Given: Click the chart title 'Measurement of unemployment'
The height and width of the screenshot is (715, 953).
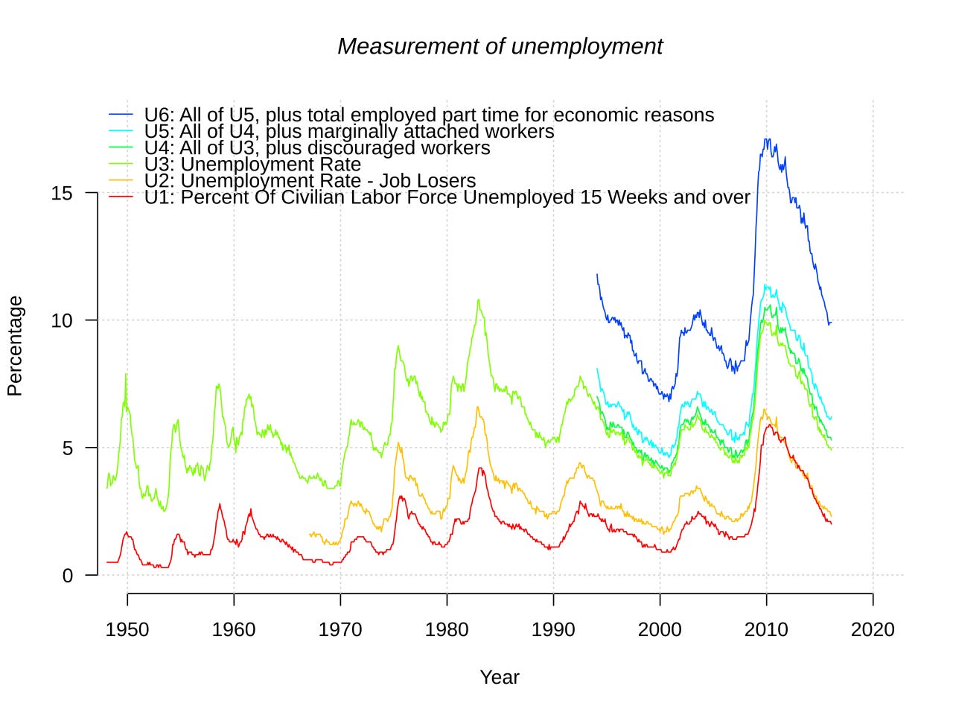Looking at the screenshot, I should pyautogui.click(x=500, y=46).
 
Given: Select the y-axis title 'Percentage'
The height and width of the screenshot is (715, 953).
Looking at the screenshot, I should pyautogui.click(x=15, y=346).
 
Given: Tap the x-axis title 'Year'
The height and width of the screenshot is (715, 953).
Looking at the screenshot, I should pyautogui.click(x=500, y=677).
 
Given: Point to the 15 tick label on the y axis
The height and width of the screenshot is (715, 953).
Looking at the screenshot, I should pyautogui.click(x=62, y=194).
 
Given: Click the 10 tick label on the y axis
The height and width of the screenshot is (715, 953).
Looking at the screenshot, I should pyautogui.click(x=62, y=320).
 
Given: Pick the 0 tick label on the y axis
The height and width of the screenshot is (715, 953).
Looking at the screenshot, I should pyautogui.click(x=68, y=575).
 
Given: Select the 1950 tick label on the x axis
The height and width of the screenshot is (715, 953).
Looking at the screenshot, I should pyautogui.click(x=127, y=630).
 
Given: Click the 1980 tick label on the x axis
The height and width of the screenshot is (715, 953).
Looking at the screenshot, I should pyautogui.click(x=447, y=630).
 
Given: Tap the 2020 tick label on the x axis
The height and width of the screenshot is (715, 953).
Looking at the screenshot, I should pyautogui.click(x=873, y=630).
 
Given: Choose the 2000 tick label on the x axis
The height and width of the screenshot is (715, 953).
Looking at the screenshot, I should pyautogui.click(x=660, y=630).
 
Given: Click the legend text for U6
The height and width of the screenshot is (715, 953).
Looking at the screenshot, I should pyautogui.click(x=429, y=115).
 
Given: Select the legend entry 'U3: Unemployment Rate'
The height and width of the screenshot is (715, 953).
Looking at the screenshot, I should pyautogui.click(x=252, y=165).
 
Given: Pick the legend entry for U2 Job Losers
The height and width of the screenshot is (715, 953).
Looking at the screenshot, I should pyautogui.click(x=310, y=181).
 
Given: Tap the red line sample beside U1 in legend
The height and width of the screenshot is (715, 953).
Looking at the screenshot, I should pyautogui.click(x=121, y=197).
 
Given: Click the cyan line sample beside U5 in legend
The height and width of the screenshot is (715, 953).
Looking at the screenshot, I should pyautogui.click(x=121, y=132).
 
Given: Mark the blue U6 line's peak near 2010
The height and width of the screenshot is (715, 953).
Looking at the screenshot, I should pyautogui.click(x=766, y=139).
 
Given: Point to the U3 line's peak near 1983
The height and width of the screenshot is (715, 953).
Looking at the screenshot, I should pyautogui.click(x=478, y=299).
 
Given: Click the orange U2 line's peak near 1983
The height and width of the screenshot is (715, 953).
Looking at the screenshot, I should pyautogui.click(x=478, y=407).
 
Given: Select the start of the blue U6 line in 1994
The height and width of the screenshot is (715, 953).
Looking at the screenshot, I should pyautogui.click(x=597, y=274).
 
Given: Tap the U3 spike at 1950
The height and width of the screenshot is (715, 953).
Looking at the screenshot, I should pyautogui.click(x=126, y=374).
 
